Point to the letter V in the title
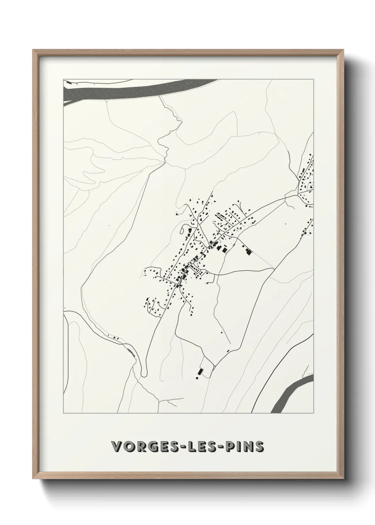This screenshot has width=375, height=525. tap(116, 447)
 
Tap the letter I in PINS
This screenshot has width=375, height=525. tap(239, 447)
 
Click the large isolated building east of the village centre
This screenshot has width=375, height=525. tap(248, 252)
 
